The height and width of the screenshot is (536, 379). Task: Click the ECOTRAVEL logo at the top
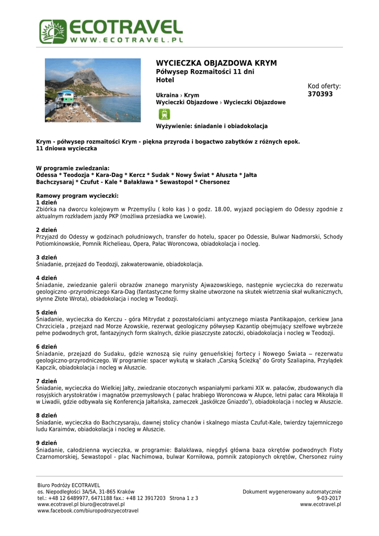111,31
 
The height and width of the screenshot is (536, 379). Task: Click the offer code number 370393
320,94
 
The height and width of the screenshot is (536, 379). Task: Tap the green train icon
164,115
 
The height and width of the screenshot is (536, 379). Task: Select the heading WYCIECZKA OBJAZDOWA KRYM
216,63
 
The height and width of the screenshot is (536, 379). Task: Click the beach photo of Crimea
93,90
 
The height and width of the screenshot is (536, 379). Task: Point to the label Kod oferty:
324,86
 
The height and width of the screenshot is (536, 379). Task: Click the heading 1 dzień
47,202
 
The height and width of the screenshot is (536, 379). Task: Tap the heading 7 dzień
47,381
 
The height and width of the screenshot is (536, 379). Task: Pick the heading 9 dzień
47,443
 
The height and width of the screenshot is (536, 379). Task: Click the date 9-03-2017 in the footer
329,498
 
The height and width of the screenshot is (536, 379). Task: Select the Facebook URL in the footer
88,511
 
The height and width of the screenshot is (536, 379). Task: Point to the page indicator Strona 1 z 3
184,498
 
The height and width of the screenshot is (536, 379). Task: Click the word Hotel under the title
165,80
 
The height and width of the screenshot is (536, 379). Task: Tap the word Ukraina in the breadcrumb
167,95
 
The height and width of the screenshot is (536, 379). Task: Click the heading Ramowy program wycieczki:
77,196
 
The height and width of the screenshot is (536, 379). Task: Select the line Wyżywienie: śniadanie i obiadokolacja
212,126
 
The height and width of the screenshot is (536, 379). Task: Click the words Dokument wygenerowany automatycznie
292,492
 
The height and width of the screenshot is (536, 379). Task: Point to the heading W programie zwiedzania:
73,168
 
